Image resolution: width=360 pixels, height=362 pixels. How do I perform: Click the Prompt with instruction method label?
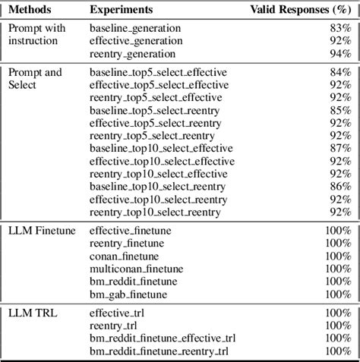coord(38,35)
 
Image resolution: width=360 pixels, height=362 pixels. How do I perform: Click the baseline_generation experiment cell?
coord(135,29)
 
